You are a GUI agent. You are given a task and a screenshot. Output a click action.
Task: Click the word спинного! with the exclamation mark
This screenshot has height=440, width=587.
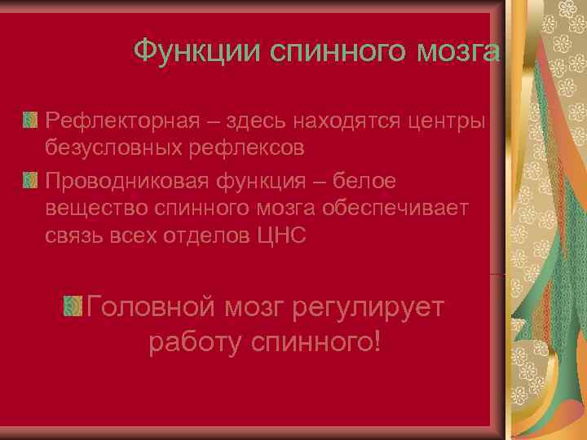(x=319, y=343)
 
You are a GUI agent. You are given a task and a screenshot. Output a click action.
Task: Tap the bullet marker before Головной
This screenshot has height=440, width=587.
(x=73, y=307)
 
